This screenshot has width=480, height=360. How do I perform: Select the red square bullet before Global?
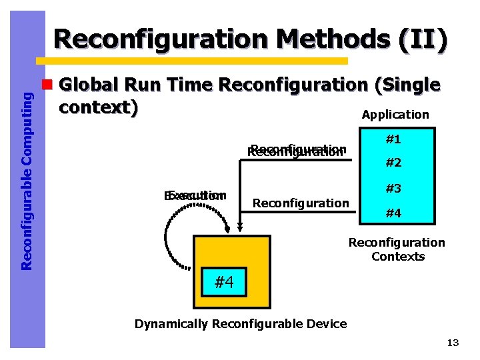coord(47,85)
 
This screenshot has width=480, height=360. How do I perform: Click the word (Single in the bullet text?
coord(407,85)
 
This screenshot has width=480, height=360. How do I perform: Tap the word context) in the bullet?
coord(99,107)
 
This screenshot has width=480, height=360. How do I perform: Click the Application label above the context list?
coord(395,115)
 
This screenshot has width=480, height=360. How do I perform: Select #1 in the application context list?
coord(393,139)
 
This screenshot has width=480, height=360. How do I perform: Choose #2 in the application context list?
coord(393,163)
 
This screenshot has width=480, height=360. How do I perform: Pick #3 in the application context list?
coord(393,189)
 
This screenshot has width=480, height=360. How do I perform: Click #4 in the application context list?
coord(393,213)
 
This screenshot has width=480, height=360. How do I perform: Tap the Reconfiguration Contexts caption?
coord(397,249)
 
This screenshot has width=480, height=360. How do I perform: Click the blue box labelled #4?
coord(223,283)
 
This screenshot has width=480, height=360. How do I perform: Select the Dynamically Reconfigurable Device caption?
coord(241,324)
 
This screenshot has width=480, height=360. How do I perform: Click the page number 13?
coord(453,343)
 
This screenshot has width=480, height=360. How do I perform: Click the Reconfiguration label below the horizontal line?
coord(301,203)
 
